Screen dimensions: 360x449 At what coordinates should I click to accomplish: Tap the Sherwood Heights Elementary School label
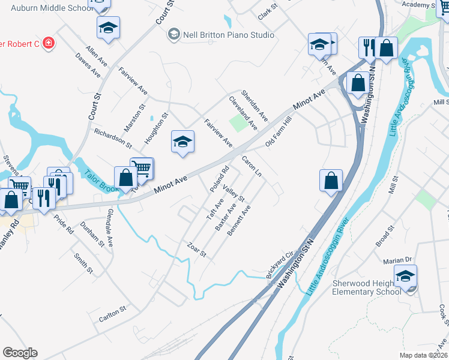tap(367, 288)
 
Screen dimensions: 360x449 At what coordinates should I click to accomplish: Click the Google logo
tap(20, 353)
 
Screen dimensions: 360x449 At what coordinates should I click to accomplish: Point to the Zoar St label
tap(196, 251)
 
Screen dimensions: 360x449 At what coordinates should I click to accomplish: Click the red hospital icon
tap(47, 44)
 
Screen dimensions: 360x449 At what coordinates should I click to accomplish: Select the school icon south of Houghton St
tap(183, 142)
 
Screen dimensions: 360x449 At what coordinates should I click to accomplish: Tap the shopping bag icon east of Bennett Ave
tap(331, 180)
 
